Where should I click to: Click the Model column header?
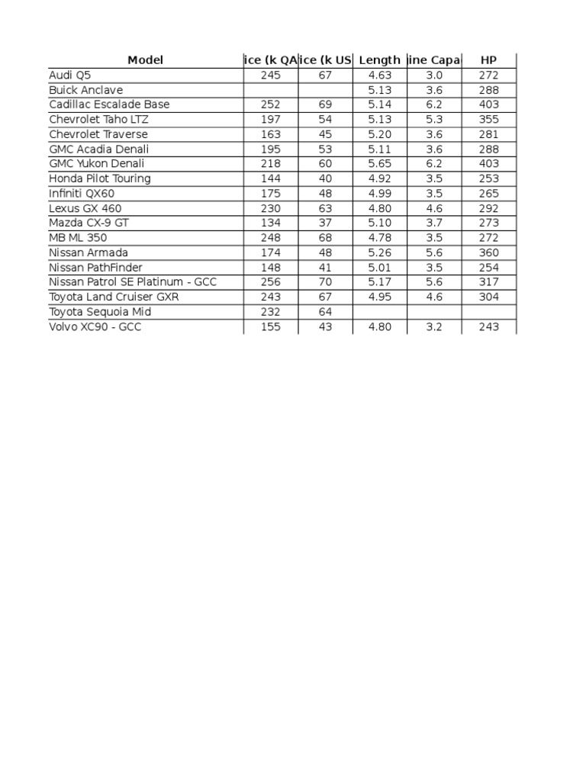click(145, 60)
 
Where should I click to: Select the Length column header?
click(379, 60)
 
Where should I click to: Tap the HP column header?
click(489, 60)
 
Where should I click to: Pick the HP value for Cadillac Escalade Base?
click(489, 104)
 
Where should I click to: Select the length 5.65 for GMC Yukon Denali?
click(379, 164)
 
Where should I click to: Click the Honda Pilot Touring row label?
click(100, 178)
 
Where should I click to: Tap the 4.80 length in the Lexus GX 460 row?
click(379, 208)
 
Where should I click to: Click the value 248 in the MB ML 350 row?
click(270, 238)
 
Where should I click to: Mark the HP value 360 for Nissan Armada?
click(489, 252)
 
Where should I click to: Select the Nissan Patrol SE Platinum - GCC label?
click(133, 282)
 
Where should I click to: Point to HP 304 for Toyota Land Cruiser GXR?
click(489, 297)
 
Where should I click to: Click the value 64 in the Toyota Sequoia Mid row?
click(325, 312)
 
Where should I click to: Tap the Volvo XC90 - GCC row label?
click(95, 326)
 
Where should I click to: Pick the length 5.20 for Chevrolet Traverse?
click(379, 134)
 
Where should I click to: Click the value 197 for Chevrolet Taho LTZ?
click(270, 120)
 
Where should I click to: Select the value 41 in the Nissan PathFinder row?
click(325, 268)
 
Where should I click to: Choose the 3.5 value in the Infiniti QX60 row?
click(434, 194)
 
